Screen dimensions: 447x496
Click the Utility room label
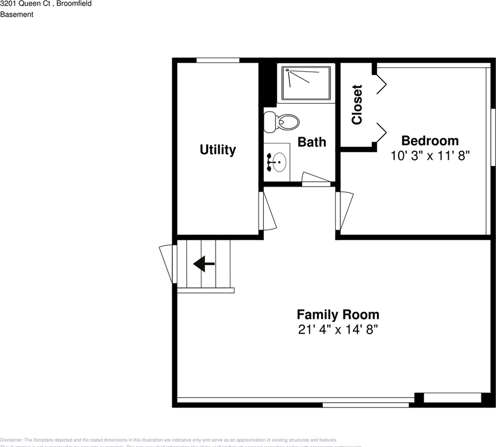pyautogui.click(x=218, y=150)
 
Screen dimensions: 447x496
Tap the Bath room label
pyautogui.click(x=312, y=142)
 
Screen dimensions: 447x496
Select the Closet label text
pyautogui.click(x=357, y=105)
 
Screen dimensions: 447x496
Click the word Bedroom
pyautogui.click(x=430, y=141)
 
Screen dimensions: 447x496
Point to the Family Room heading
pyautogui.click(x=338, y=314)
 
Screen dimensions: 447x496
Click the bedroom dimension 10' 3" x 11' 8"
pyautogui.click(x=430, y=156)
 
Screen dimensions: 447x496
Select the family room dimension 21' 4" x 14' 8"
pyautogui.click(x=338, y=330)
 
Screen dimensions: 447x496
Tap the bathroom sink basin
pyautogui.click(x=279, y=163)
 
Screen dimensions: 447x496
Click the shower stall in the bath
pyautogui.click(x=306, y=82)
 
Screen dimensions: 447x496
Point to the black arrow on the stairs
pyautogui.click(x=204, y=264)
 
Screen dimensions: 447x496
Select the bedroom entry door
pyautogui.click(x=344, y=210)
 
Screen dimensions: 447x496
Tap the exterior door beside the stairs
pyautogui.click(x=168, y=264)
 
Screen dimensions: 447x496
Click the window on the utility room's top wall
pyautogui.click(x=218, y=60)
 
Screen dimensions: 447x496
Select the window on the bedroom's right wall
pyautogui.click(x=493, y=137)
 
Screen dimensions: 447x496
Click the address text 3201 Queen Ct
pyautogui.click(x=26, y=4)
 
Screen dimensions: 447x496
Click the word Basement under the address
pyautogui.click(x=17, y=14)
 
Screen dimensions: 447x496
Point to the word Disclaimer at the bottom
pyautogui.click(x=11, y=440)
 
